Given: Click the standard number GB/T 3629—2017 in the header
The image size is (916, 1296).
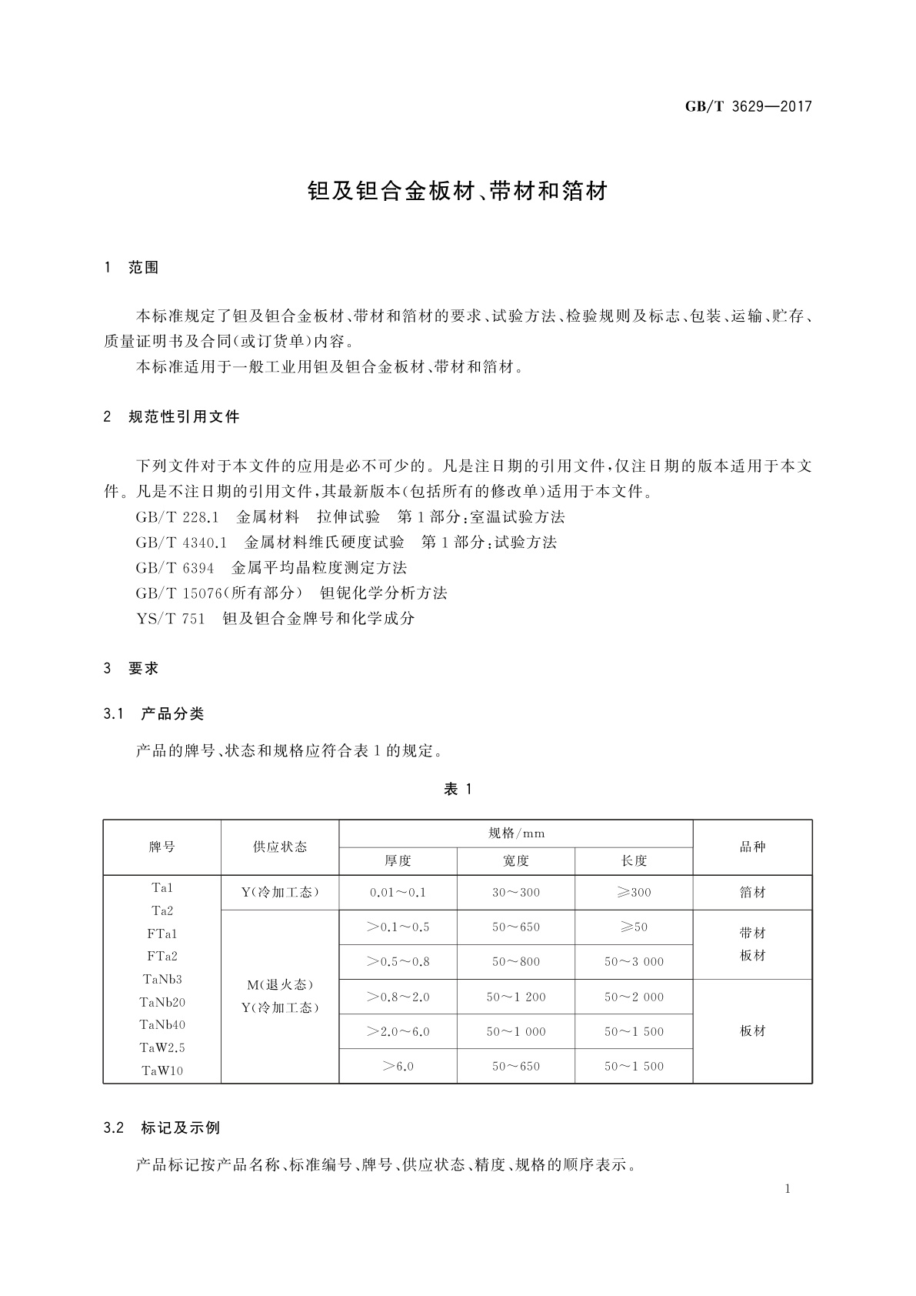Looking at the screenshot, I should click(x=748, y=107).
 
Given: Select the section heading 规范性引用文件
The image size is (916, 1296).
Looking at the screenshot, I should click(x=184, y=417).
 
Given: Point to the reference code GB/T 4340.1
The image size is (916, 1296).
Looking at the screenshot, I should click(x=182, y=543).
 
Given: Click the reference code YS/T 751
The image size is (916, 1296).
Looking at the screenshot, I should click(x=170, y=619).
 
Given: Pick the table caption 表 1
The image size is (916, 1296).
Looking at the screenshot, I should click(x=458, y=789).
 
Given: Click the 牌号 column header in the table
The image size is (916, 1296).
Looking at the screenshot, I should click(x=162, y=847).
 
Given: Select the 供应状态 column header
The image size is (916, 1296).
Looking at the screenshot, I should click(x=280, y=847).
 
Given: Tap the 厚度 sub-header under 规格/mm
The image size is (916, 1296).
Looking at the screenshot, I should click(x=398, y=861).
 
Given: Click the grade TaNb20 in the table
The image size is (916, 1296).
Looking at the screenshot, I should click(x=162, y=1002).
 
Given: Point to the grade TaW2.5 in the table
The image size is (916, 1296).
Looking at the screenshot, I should click(x=162, y=1047).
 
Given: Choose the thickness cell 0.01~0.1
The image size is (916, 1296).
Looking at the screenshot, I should click(x=398, y=893).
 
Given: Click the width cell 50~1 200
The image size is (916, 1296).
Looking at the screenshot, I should click(x=516, y=997).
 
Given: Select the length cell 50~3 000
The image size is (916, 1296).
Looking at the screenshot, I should click(x=634, y=962).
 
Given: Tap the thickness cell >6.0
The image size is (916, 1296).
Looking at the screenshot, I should click(x=398, y=1067).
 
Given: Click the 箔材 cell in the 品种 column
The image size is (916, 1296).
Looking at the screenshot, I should click(x=753, y=893).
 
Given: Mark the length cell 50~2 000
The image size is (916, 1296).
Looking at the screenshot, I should click(x=634, y=997).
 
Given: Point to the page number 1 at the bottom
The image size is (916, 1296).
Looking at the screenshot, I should click(x=788, y=1189).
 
